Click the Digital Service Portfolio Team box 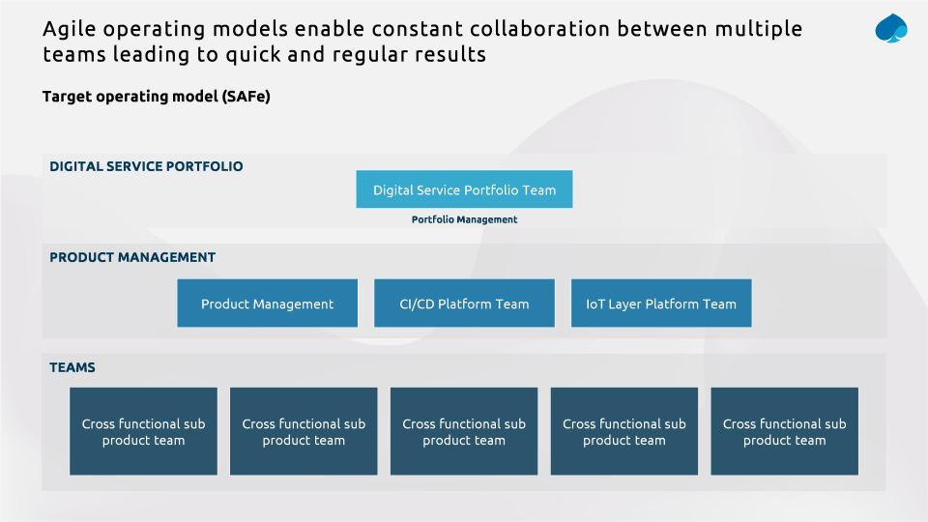[x=464, y=189]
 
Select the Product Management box [x=268, y=303]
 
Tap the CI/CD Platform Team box [x=464, y=303]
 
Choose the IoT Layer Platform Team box [x=661, y=303]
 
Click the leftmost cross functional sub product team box [x=143, y=431]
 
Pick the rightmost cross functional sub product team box [x=784, y=431]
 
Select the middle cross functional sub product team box [x=464, y=431]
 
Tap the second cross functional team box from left [x=304, y=431]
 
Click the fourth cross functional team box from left [x=624, y=431]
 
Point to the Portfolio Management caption [x=465, y=219]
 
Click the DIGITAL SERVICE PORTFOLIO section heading [x=146, y=166]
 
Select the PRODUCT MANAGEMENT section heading [x=132, y=257]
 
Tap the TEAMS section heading [x=72, y=367]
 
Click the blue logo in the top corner [x=891, y=28]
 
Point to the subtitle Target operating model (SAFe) [x=157, y=96]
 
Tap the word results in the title [x=450, y=54]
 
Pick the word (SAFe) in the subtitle [x=246, y=96]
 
